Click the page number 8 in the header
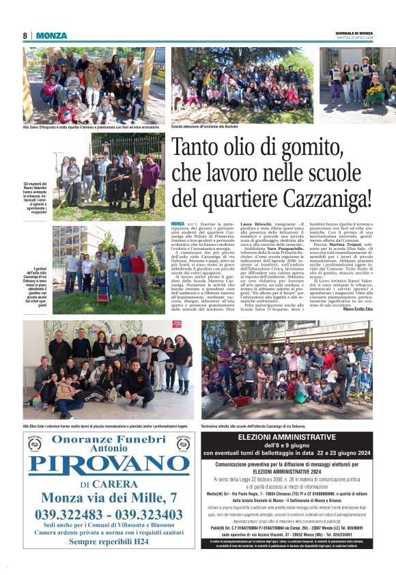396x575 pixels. [x=25, y=36]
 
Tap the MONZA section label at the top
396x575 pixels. [x=51, y=36]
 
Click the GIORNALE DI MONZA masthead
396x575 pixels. [x=354, y=33]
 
